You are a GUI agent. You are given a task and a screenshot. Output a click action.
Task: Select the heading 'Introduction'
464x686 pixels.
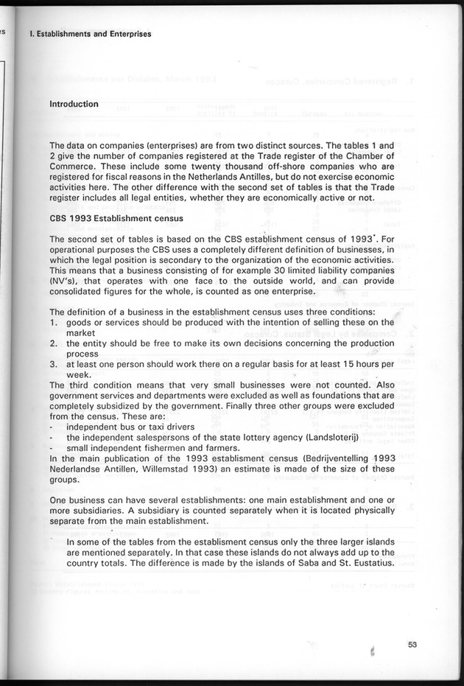74,104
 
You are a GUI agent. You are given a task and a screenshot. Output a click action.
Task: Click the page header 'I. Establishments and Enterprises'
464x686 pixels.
89,34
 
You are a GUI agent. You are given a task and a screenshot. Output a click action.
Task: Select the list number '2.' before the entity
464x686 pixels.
54,343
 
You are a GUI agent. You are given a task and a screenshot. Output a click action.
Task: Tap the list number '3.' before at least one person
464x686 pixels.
54,364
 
